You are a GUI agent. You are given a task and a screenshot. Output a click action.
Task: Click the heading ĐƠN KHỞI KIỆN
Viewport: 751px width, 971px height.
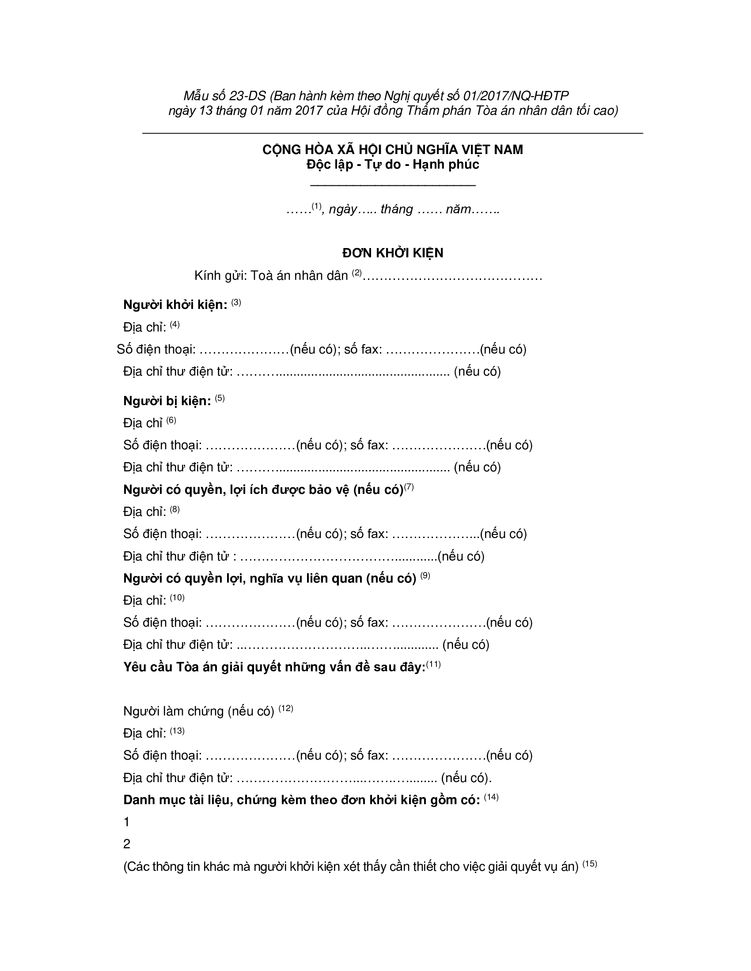pyautogui.click(x=392, y=253)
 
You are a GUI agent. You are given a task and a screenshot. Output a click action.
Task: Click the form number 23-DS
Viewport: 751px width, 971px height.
pyautogui.click(x=247, y=96)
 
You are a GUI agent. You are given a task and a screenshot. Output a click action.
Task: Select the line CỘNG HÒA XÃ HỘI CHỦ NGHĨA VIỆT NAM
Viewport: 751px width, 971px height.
pyautogui.click(x=392, y=150)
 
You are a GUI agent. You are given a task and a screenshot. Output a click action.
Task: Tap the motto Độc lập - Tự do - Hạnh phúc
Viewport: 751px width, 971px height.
pyautogui.click(x=392, y=165)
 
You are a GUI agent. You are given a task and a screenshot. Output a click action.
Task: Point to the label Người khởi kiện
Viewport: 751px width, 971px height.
pyautogui.click(x=175, y=305)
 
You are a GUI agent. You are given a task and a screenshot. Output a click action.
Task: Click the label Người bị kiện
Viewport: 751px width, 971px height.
pyautogui.click(x=167, y=401)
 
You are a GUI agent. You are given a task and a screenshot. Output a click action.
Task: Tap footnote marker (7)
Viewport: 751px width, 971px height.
pyautogui.click(x=409, y=487)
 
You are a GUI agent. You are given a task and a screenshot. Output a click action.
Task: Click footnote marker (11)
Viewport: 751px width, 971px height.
pyautogui.click(x=433, y=665)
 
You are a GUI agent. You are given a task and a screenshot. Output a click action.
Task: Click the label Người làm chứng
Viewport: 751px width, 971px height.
pyautogui.click(x=174, y=711)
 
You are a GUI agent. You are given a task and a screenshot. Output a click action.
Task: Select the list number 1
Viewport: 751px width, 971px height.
pyautogui.click(x=127, y=822)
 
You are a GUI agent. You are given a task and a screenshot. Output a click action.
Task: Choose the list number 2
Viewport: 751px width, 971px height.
pyautogui.click(x=127, y=844)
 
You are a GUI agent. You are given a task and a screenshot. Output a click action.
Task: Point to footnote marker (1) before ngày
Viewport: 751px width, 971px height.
pyautogui.click(x=316, y=206)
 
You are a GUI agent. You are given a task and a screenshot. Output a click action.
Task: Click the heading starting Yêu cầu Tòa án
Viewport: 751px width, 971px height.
pyautogui.click(x=274, y=667)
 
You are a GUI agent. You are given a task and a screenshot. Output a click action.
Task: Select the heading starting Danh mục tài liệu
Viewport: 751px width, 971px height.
pyautogui.click(x=301, y=800)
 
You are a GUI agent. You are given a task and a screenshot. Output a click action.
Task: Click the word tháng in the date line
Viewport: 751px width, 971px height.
pyautogui.click(x=396, y=209)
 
